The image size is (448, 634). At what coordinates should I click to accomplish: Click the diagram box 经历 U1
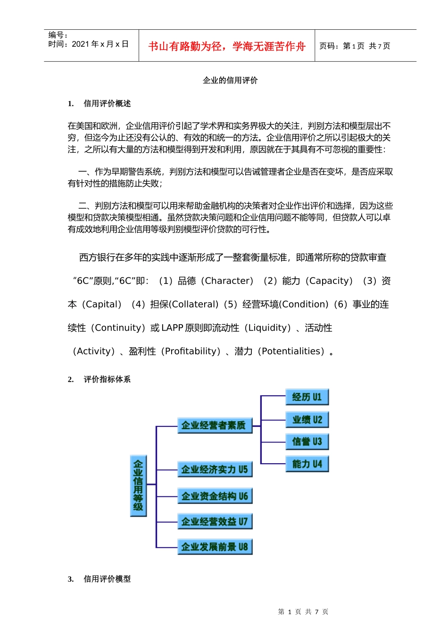tap(307, 397)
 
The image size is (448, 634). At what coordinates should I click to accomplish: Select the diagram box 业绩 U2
tap(307, 419)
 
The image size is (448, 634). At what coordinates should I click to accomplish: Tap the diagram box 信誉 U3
tap(307, 442)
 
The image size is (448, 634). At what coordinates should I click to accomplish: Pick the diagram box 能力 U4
tap(307, 464)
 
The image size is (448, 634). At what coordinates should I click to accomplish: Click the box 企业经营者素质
tap(215, 425)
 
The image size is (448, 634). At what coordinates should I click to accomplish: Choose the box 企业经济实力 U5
tap(215, 469)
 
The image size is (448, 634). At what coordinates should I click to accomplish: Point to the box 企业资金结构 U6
tap(215, 496)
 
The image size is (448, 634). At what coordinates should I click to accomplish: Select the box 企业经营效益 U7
tap(215, 521)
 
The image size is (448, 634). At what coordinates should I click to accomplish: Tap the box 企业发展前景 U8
tap(215, 547)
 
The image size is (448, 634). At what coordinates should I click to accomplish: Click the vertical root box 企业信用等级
tap(138, 485)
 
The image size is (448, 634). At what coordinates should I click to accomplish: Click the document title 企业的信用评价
tap(230, 80)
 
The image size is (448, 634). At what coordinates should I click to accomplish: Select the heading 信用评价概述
tap(107, 103)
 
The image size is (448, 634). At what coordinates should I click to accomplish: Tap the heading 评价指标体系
tap(107, 379)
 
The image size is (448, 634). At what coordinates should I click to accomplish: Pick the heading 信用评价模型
tap(107, 579)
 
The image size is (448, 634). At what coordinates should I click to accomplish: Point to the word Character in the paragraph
tap(228, 281)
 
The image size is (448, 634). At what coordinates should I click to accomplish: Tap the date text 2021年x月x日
tap(100, 44)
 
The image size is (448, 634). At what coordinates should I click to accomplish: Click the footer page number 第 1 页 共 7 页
tap(303, 612)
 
